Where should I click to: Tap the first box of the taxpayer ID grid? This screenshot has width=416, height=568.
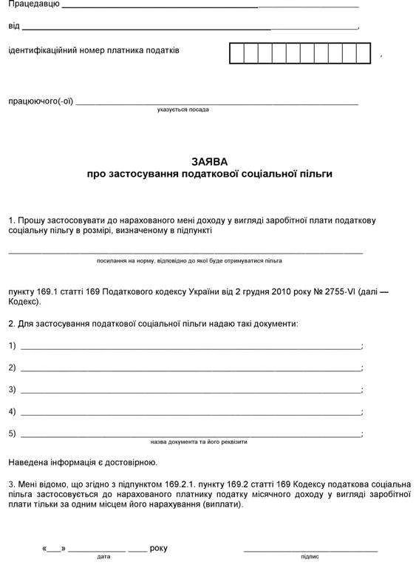point(236,54)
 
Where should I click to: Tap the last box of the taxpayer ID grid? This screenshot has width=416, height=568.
point(363,54)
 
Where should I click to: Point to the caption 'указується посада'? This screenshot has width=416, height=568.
point(183,109)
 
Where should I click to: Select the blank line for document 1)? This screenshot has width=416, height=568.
point(191,347)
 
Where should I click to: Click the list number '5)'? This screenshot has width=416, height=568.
point(12,433)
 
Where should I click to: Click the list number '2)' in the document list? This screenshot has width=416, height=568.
point(12,368)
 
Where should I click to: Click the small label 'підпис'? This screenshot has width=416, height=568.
point(310,556)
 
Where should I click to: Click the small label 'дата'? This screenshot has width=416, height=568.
point(103,556)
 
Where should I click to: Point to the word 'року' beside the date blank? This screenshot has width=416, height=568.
point(158,548)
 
